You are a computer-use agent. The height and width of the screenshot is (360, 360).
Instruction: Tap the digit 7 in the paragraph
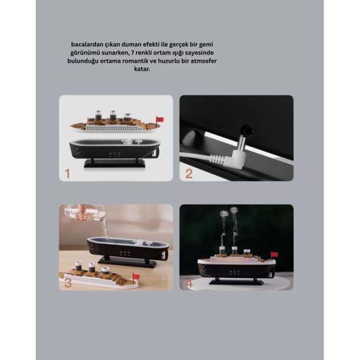click(x=133, y=53)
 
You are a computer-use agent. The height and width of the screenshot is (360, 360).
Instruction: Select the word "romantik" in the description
click(x=135, y=61)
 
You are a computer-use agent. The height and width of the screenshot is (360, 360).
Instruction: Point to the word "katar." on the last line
click(x=142, y=69)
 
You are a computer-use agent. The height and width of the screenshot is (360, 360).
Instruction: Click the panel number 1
click(x=67, y=174)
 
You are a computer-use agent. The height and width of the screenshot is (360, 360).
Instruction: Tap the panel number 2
click(x=189, y=174)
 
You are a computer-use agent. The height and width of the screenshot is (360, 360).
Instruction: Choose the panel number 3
click(x=68, y=284)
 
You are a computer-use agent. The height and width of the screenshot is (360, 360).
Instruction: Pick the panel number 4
click(x=189, y=284)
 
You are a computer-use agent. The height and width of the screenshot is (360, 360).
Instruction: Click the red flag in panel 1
click(x=160, y=119)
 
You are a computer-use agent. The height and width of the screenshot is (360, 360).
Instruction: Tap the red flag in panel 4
click(x=274, y=254)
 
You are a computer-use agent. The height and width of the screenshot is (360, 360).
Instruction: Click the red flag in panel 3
click(x=137, y=276)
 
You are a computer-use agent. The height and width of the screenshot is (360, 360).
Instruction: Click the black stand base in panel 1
click(x=114, y=164)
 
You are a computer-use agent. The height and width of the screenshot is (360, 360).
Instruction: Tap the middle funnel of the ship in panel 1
click(x=112, y=115)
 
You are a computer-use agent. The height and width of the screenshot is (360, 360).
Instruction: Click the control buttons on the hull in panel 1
click(x=114, y=154)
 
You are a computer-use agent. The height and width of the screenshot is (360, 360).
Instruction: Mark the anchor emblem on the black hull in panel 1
click(x=78, y=151)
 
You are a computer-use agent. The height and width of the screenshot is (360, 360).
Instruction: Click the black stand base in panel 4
click(x=236, y=282)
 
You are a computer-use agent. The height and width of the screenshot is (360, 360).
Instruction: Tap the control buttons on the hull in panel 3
click(x=125, y=253)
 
